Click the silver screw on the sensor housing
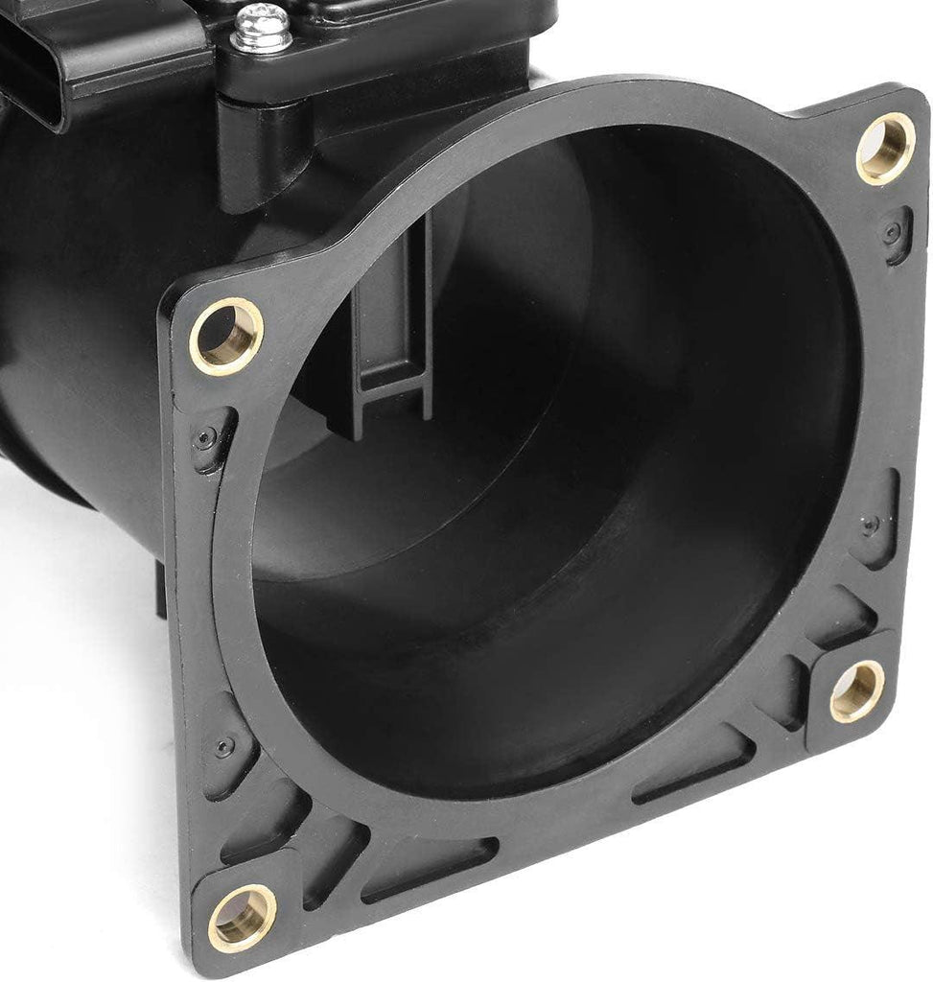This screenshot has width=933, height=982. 262,28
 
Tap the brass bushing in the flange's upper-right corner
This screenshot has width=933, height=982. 885,149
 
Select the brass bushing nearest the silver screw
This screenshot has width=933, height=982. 226,336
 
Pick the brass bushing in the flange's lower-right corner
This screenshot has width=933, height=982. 856,690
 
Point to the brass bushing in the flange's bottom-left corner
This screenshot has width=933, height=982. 242,916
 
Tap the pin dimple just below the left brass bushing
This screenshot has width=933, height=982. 205,438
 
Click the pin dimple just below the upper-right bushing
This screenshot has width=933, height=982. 894,231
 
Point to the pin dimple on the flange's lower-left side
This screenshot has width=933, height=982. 223,746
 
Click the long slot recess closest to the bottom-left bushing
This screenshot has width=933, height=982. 432,868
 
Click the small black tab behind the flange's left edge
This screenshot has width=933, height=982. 158,590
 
